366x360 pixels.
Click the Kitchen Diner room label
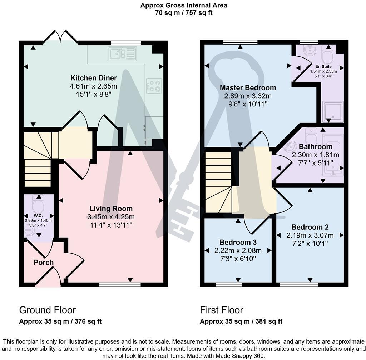point(93,78)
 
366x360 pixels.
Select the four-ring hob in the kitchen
point(154,86)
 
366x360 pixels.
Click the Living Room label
point(111,209)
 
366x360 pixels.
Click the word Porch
point(44,262)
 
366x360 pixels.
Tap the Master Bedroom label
point(248,88)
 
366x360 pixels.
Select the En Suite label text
point(323,66)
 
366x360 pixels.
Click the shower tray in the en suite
point(332,111)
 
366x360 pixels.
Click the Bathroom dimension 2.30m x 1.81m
point(316,155)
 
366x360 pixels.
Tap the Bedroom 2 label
point(310,227)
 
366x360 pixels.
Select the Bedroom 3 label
point(238,242)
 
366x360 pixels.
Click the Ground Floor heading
point(47,310)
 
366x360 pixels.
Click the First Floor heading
point(221,310)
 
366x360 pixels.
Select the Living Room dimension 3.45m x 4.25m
point(111,217)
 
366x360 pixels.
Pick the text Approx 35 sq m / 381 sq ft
point(241,321)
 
